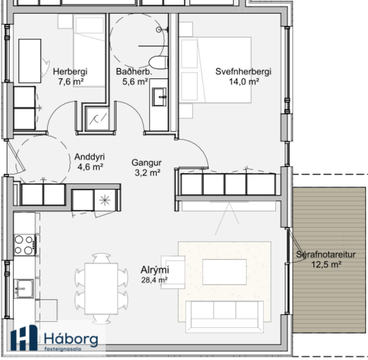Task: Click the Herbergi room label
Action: click(70, 72)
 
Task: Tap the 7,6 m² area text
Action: click(70, 82)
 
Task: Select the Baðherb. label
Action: click(134, 72)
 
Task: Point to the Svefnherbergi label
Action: click(243, 72)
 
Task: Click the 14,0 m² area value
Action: click(244, 82)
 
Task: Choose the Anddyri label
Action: click(89, 157)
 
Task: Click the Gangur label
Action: click(146, 163)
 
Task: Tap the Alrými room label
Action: click(154, 270)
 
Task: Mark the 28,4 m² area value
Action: click(154, 280)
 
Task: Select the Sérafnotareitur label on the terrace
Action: click(326, 254)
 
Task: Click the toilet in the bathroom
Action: click(157, 62)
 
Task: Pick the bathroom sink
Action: click(158, 96)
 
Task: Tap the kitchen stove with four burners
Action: click(24, 244)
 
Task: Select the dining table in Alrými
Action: click(101, 289)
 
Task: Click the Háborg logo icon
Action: click(24, 338)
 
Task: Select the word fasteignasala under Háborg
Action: click(66, 349)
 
